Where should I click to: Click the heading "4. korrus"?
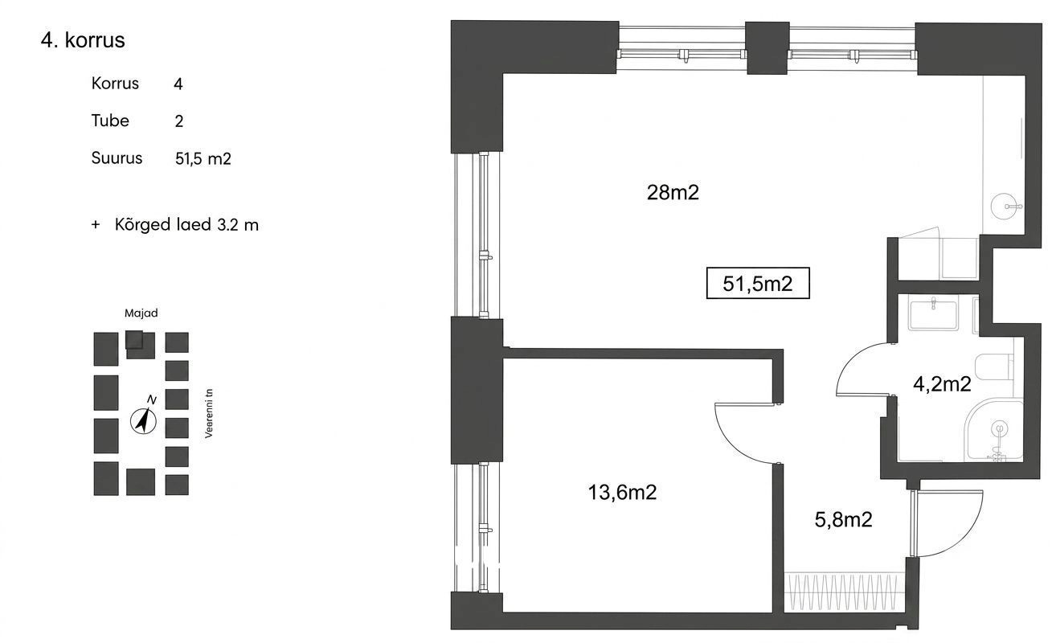[83, 40]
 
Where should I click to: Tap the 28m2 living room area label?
[673, 193]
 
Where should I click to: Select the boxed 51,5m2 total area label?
[758, 283]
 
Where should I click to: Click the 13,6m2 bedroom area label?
[622, 492]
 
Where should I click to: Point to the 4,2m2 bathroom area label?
[942, 384]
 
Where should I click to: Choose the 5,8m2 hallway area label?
[844, 519]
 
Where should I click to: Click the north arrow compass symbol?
[143, 420]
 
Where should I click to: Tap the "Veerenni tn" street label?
[209, 413]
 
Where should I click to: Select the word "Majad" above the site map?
[141, 313]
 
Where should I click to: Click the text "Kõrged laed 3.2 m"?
[186, 224]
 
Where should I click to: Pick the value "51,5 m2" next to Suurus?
[203, 159]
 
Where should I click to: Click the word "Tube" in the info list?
[110, 121]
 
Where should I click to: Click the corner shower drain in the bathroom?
[999, 428]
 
